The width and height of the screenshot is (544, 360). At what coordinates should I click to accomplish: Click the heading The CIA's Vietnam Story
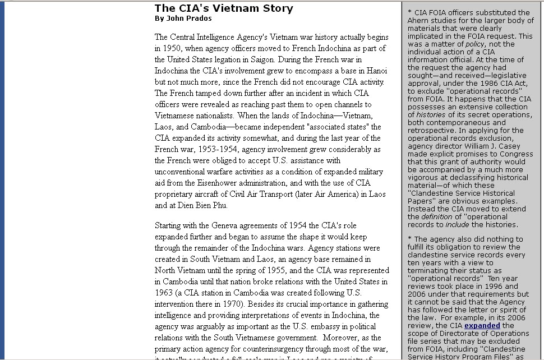(x=224, y=8)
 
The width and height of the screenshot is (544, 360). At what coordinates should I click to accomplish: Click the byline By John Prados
(x=183, y=19)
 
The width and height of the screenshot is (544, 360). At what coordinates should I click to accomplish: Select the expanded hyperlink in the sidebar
(x=482, y=325)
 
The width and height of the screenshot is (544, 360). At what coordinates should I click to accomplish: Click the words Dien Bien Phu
(x=203, y=205)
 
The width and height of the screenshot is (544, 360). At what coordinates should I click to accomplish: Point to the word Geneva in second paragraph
(x=220, y=225)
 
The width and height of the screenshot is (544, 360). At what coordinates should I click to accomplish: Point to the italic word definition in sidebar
(x=437, y=217)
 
